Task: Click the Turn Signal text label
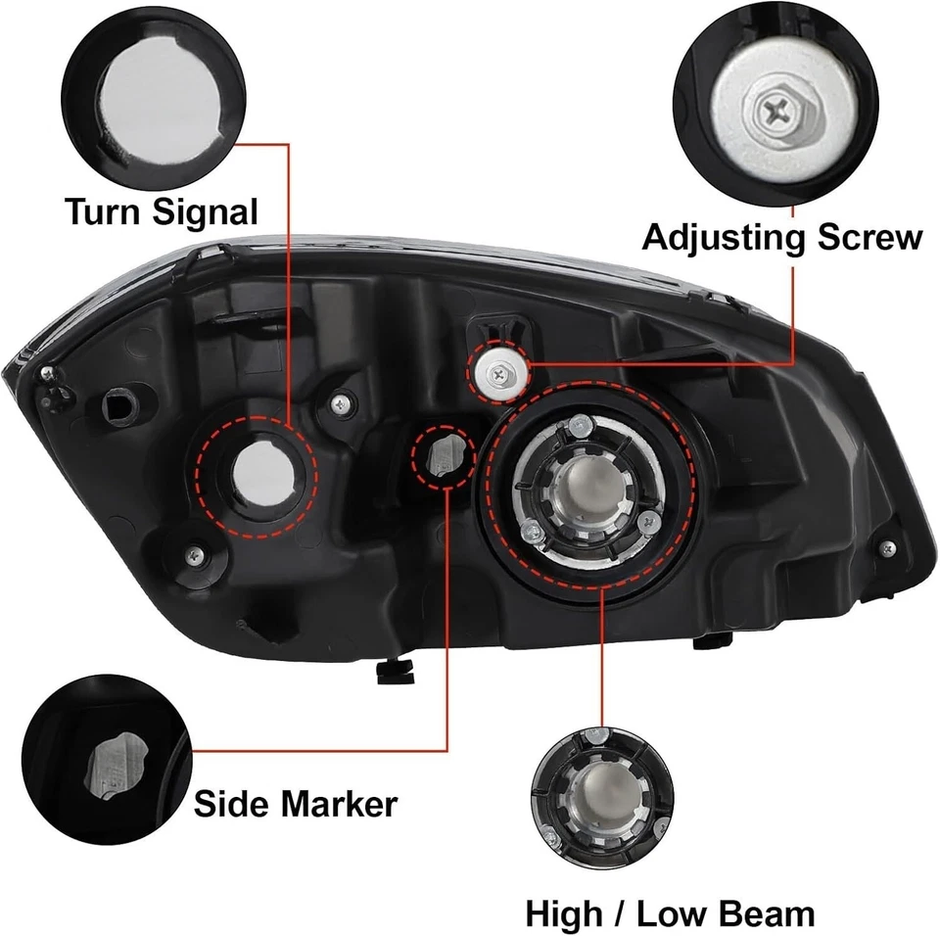pos(162,211)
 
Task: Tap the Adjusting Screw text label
pos(781,237)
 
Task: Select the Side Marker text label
pos(295,804)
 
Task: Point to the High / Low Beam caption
pos(670,913)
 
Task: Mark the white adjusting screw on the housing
pos(500,371)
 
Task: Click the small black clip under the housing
pos(393,671)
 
